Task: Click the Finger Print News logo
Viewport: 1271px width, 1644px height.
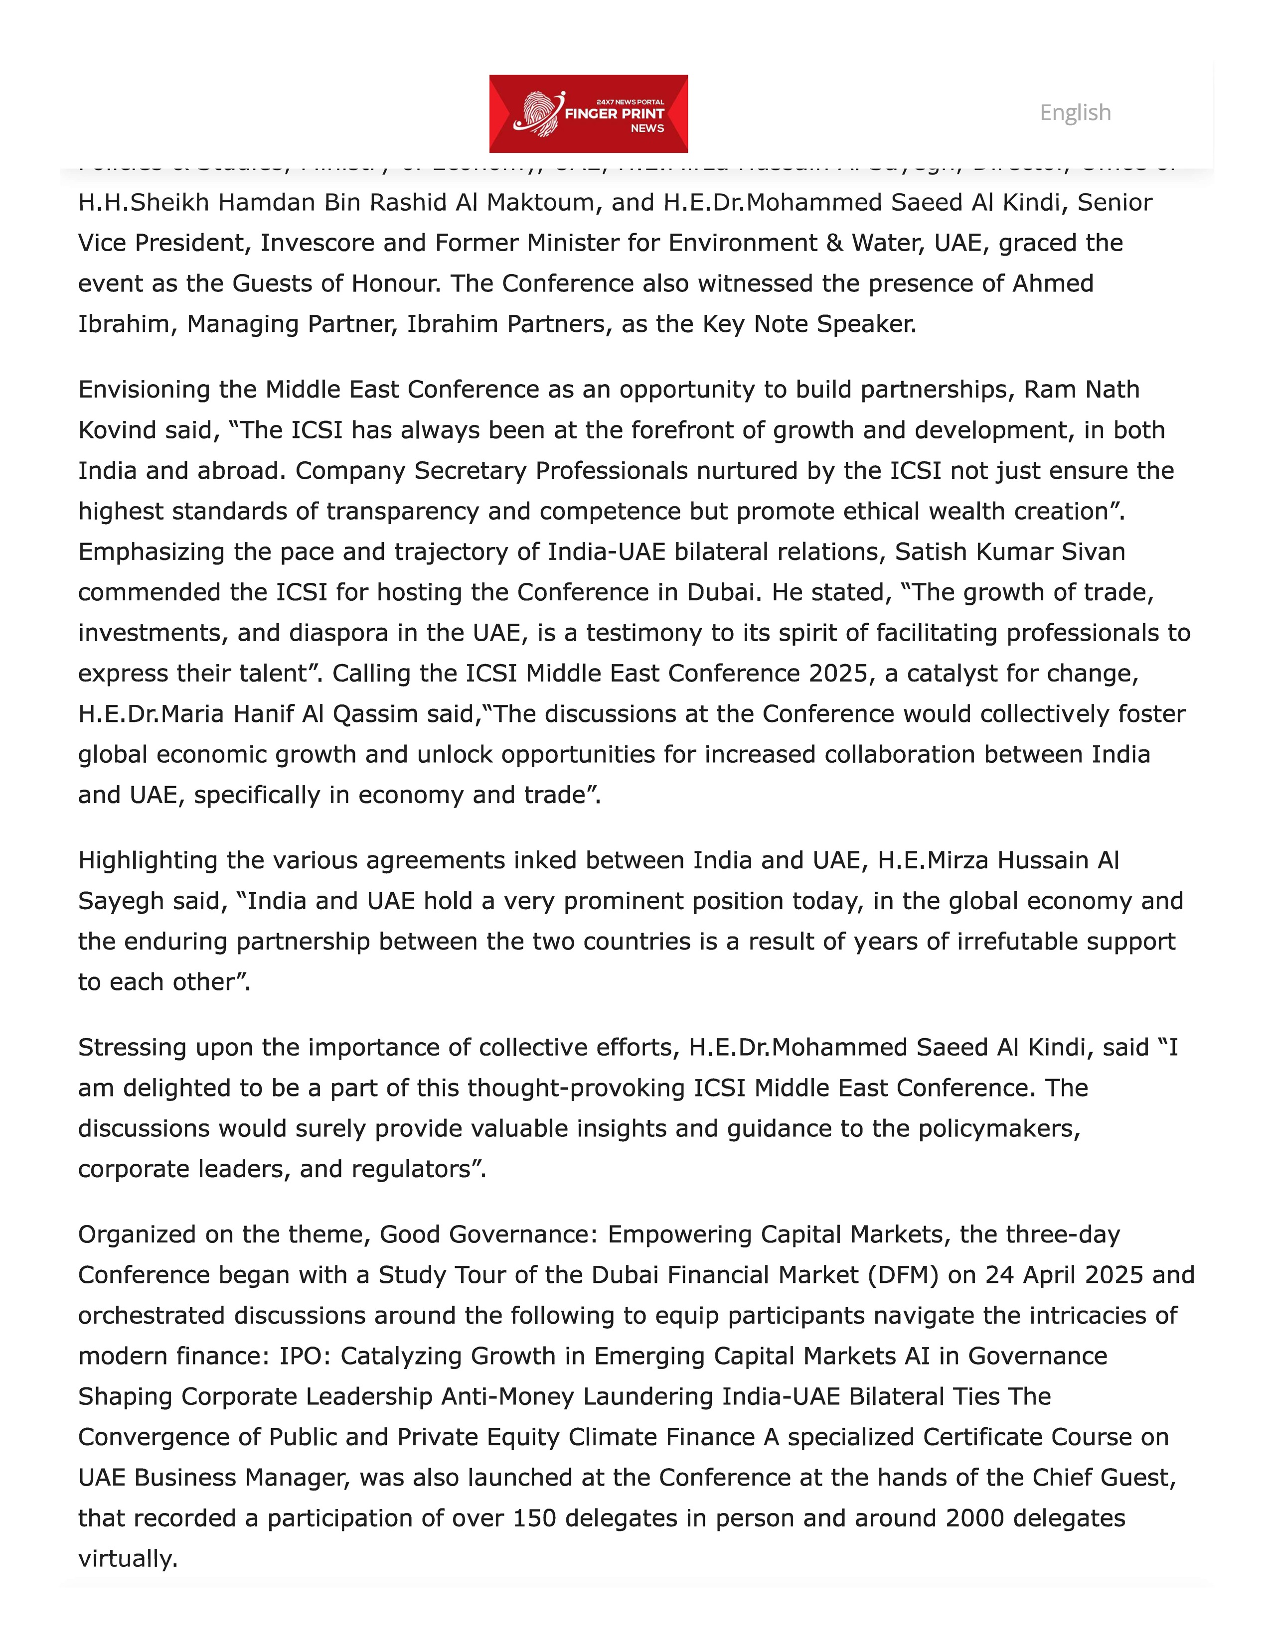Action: [588, 114]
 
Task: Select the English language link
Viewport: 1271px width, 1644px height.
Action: [1075, 113]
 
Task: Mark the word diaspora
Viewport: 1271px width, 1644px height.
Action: [338, 633]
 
